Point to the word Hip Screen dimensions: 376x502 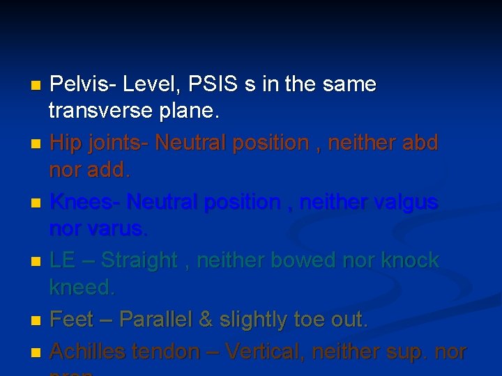pos(66,143)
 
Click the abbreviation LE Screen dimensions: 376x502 pos(63,260)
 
